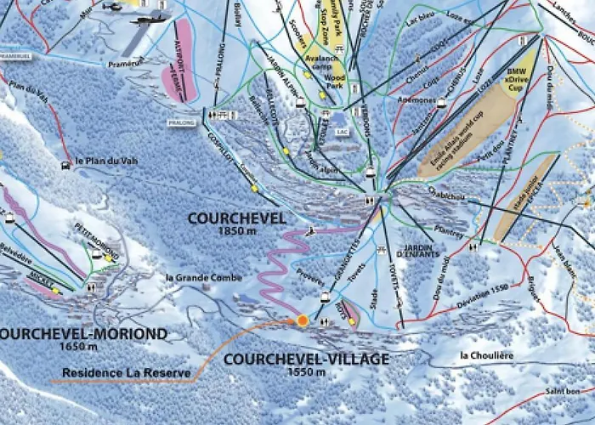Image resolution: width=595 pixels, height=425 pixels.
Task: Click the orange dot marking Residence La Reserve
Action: [x=302, y=320]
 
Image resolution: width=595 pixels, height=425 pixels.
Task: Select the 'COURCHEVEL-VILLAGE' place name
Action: [x=306, y=359]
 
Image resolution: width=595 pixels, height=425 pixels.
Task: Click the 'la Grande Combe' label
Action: [x=205, y=277]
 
